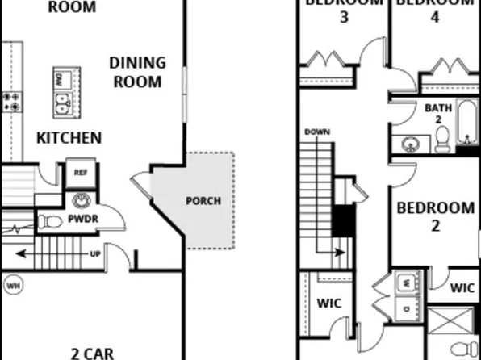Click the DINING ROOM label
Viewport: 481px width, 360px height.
click(136, 72)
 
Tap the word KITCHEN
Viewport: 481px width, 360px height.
click(69, 137)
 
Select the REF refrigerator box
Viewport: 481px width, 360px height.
click(81, 173)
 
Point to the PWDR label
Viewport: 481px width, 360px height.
click(82, 219)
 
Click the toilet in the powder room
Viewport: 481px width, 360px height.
click(52, 220)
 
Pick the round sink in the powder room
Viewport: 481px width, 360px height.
click(81, 200)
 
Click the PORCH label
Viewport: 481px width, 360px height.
click(203, 201)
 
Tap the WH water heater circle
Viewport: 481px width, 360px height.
click(13, 284)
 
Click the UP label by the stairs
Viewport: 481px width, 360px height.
click(95, 254)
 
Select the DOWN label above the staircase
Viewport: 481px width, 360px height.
click(316, 131)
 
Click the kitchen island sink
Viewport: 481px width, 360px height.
click(63, 103)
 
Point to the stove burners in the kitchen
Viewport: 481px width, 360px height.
click(11, 101)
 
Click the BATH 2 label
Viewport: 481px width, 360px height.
click(435, 113)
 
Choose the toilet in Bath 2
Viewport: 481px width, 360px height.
click(441, 143)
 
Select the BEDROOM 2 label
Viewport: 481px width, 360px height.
click(435, 216)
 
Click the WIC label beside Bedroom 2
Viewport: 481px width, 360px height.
click(462, 287)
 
